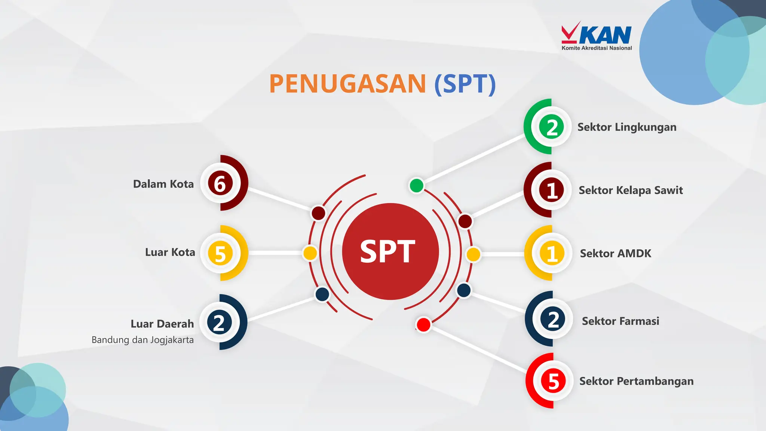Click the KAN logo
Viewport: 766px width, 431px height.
597,36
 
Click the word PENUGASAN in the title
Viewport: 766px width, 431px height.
347,84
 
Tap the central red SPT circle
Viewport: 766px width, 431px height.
390,251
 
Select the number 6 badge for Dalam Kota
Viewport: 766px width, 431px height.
220,183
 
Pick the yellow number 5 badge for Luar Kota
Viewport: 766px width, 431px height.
220,253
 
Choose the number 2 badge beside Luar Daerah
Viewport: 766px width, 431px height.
220,323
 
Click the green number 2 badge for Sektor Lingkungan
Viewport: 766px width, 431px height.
552,127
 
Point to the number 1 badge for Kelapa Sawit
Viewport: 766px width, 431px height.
552,190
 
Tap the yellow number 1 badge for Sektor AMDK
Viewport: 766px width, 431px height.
552,253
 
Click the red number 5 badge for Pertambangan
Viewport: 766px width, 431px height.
554,381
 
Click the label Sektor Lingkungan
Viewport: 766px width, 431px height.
627,127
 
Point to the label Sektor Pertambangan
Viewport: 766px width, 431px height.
636,381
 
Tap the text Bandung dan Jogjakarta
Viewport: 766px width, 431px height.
143,340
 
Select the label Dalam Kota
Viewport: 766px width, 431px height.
163,184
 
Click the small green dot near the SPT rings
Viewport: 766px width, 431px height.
416,185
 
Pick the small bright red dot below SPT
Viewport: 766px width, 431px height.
423,324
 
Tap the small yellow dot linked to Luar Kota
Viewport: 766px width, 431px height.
310,253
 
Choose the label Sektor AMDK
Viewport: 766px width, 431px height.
615,254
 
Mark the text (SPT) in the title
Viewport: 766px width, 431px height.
465,84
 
